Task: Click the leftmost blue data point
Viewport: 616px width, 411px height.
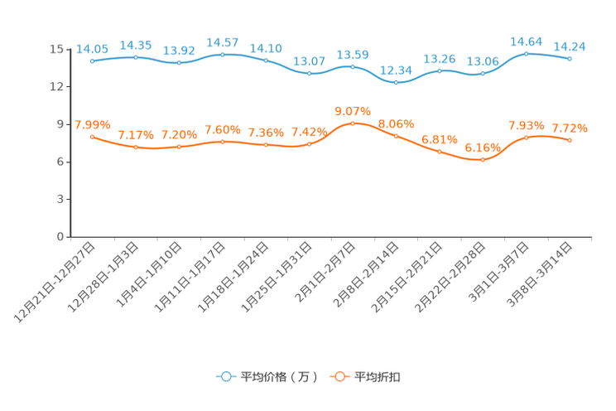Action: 92,60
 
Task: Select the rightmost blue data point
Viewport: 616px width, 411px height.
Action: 570,58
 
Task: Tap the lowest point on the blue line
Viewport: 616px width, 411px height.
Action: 397,82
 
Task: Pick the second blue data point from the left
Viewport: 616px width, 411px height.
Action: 135,57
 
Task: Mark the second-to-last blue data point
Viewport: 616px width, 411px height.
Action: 527,53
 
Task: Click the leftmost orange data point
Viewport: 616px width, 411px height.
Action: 92,136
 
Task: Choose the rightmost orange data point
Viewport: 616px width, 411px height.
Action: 570,140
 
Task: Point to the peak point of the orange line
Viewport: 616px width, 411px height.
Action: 353,123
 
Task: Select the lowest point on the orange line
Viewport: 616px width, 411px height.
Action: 484,159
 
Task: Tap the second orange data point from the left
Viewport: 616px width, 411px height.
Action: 135,147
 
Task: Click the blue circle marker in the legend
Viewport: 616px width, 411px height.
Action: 225,376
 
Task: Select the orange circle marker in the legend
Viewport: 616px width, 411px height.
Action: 339,376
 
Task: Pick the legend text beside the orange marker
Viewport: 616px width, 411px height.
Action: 378,377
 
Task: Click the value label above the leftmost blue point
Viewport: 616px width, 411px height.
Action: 92,48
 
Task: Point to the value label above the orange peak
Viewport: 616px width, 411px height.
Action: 353,110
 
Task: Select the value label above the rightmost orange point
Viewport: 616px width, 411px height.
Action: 570,128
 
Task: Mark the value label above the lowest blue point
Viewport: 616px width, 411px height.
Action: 397,70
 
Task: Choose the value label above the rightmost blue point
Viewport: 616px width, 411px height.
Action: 570,46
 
